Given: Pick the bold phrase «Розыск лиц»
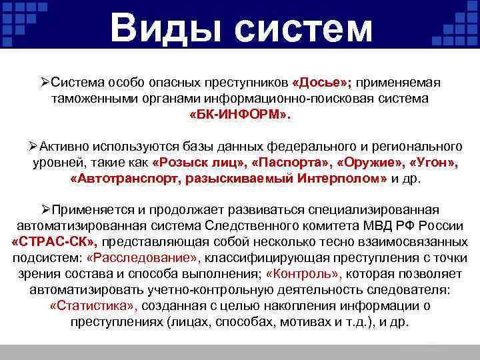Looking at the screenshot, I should (193, 163).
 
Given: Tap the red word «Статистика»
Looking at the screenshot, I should (93, 305).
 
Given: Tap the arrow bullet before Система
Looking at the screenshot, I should (45, 82).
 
